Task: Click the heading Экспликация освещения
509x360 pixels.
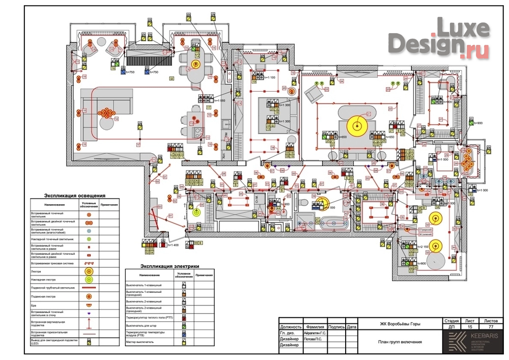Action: point(75,195)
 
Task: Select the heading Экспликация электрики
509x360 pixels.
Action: point(169,266)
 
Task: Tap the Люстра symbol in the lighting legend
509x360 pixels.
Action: point(88,272)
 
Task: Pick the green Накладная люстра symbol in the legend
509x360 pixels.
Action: point(88,279)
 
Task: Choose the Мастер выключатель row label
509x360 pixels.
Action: point(139,342)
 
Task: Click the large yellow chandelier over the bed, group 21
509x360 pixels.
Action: point(356,124)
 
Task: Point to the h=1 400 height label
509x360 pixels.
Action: point(172,245)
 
